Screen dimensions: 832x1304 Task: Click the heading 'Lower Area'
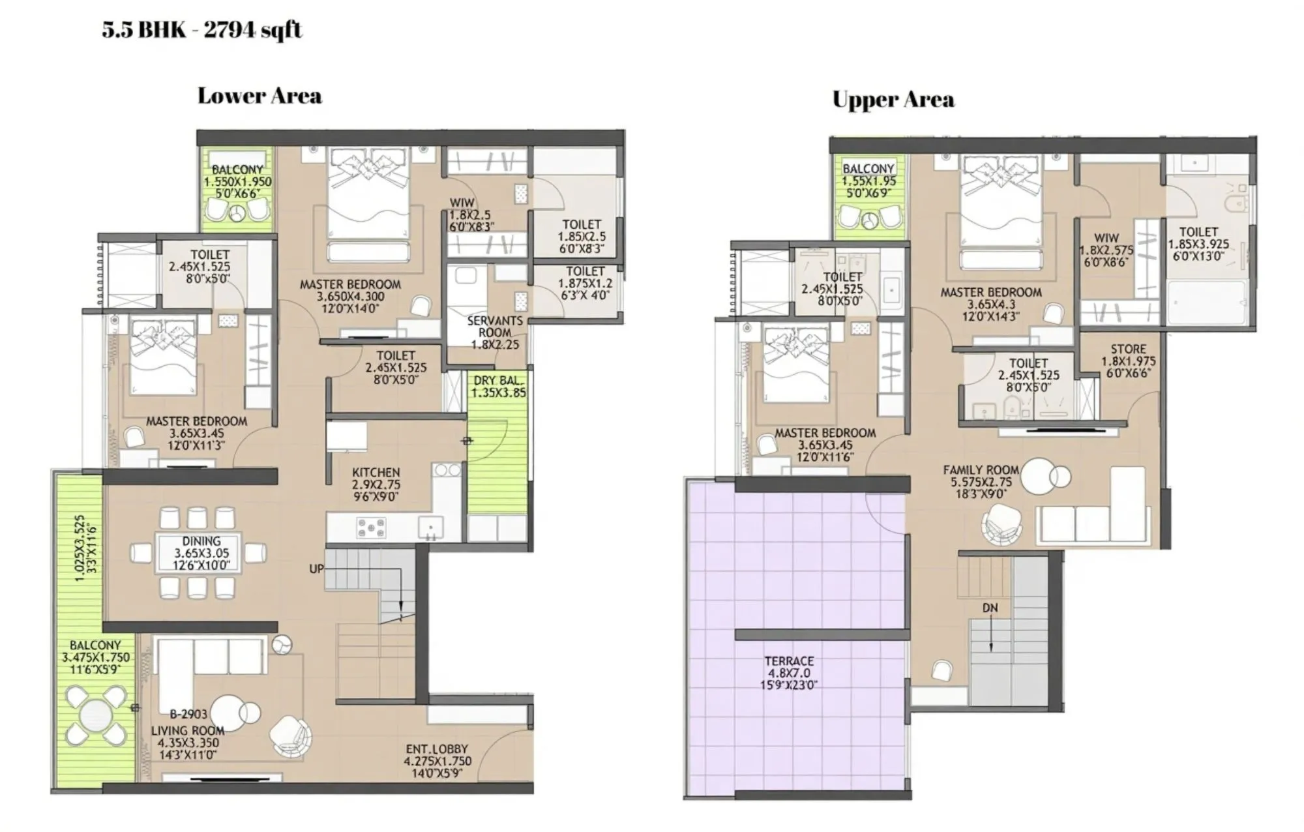point(259,96)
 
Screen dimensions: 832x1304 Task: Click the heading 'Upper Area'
point(893,100)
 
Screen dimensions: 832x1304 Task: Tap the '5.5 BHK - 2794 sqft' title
point(202,29)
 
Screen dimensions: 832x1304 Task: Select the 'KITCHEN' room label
point(376,472)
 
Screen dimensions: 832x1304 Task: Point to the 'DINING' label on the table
point(201,541)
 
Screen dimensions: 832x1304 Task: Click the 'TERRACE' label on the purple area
point(790,661)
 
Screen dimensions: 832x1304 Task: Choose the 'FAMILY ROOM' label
point(981,469)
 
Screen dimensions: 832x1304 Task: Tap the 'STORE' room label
point(1128,349)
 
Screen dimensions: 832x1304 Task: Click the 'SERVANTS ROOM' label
point(495,326)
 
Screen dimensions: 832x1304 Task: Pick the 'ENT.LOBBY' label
point(437,749)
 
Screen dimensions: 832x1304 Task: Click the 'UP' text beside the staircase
point(316,569)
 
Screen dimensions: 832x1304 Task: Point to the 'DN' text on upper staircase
point(990,608)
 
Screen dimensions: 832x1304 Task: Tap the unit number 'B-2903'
point(188,713)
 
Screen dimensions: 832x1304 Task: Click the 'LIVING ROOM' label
point(188,730)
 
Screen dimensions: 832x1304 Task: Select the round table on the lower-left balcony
point(96,715)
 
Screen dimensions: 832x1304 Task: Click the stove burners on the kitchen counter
point(370,527)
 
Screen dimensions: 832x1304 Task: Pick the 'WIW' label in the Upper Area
point(1106,238)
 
